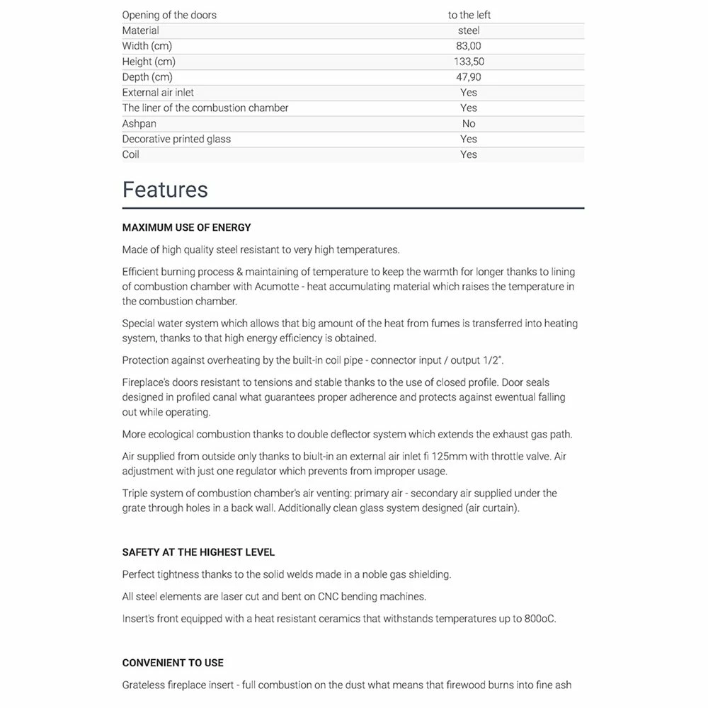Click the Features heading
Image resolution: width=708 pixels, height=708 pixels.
[x=165, y=190]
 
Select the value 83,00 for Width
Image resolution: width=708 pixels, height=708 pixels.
[x=469, y=46]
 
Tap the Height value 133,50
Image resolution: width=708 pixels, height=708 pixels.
[x=469, y=62]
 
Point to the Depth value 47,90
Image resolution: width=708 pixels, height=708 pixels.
[x=469, y=77]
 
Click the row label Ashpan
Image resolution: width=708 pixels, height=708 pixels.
[x=139, y=123]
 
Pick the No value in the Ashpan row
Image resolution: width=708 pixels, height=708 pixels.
[x=469, y=123]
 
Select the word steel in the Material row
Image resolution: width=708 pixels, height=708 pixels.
[x=469, y=30]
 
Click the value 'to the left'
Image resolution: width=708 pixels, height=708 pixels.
[x=469, y=15]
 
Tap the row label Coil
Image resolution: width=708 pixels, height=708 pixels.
[x=131, y=154]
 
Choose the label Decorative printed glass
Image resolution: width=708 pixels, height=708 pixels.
[x=176, y=139]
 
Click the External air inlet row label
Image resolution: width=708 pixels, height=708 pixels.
[x=158, y=92]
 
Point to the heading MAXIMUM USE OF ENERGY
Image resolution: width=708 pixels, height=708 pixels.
[x=186, y=227]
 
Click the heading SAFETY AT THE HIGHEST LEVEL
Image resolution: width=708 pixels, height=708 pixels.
[x=198, y=552]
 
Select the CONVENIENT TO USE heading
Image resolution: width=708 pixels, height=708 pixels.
[x=173, y=663]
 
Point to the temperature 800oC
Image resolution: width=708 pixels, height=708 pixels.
[x=540, y=619]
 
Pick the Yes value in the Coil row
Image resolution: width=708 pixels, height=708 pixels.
[x=469, y=154]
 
